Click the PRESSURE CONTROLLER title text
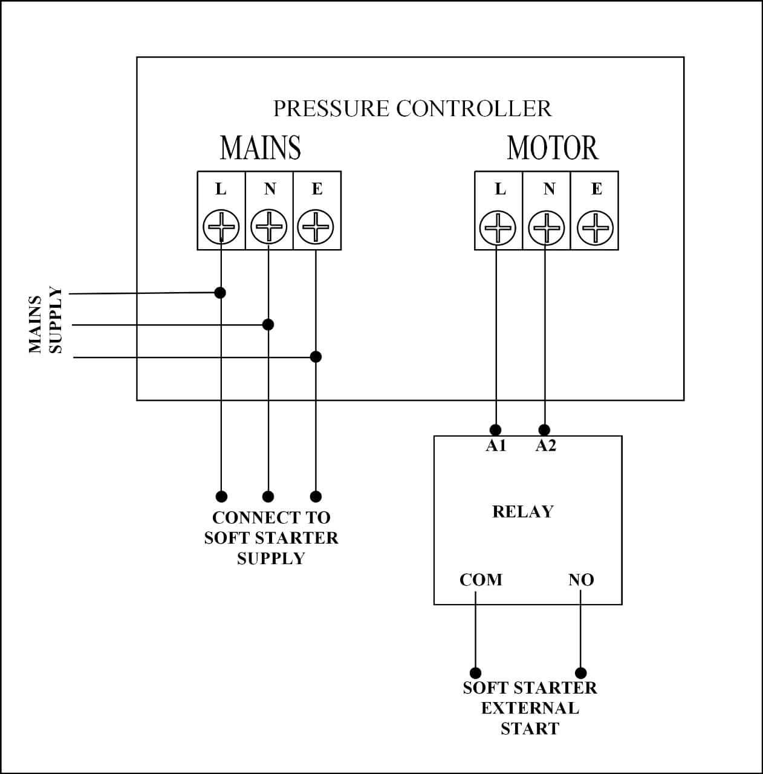tap(412, 109)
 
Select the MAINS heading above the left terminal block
tap(260, 148)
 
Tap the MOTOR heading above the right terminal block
tap(553, 148)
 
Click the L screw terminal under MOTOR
tap(498, 229)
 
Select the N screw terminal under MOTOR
tap(547, 229)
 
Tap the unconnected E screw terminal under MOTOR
tap(596, 229)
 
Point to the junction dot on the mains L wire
tap(220, 293)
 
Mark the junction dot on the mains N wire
tap(268, 325)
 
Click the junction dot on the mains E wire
tap(316, 357)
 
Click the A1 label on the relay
tap(496, 446)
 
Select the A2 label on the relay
tap(545, 446)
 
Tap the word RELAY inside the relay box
tap(523, 512)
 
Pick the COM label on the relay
tap(481, 580)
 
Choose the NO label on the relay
tap(581, 580)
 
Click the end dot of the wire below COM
tap(476, 673)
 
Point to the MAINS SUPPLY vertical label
tap(46, 320)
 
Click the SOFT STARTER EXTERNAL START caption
tap(530, 708)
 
